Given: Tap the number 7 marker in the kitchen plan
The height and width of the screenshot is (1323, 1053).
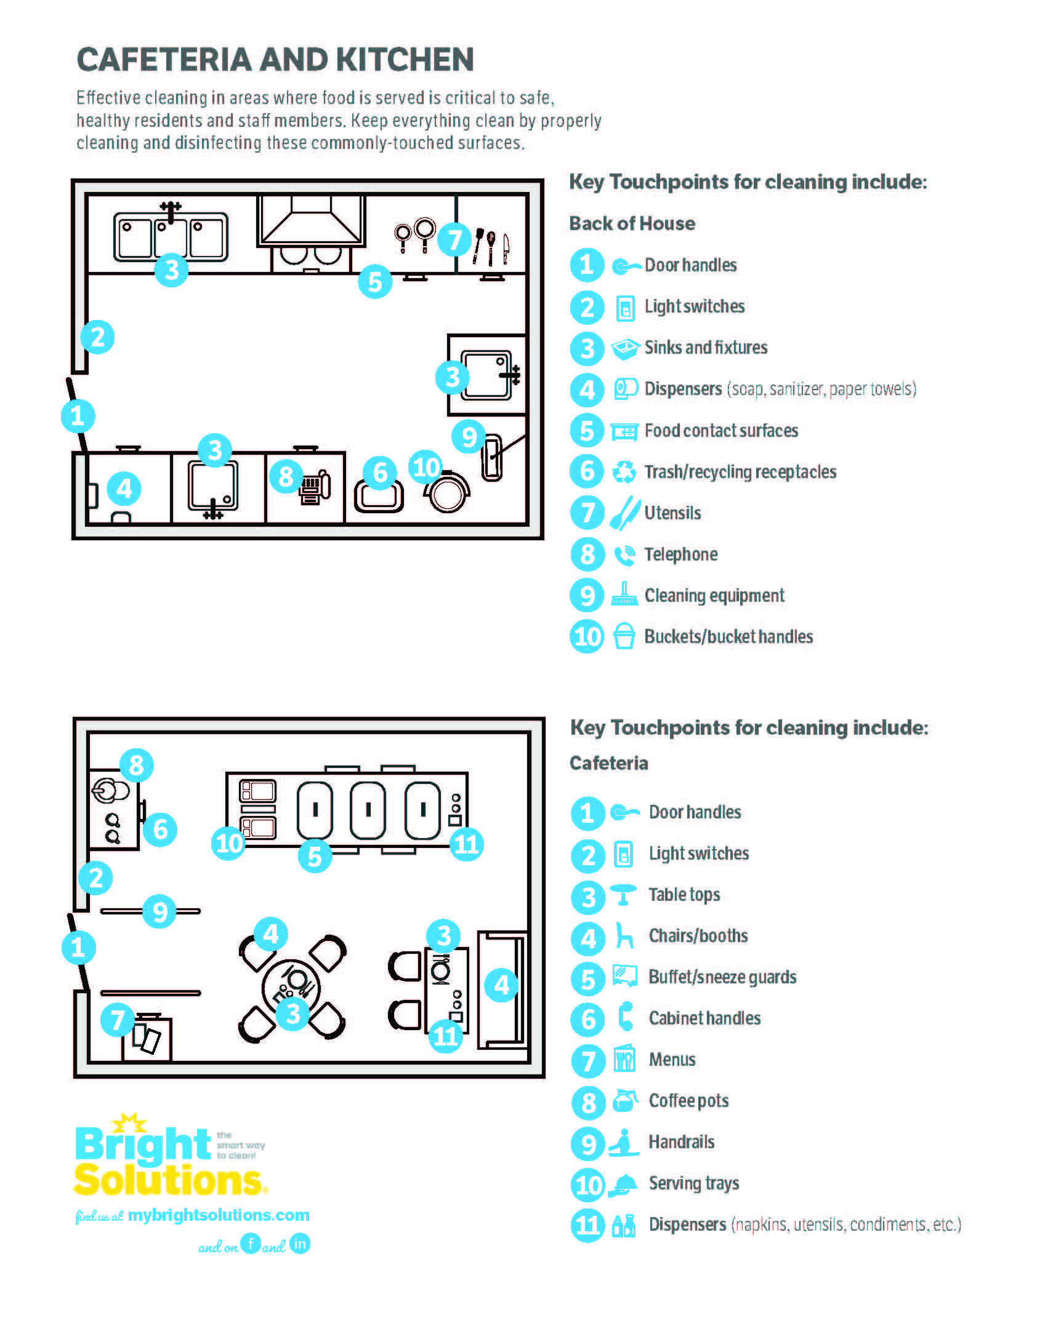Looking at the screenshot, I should click(x=454, y=240).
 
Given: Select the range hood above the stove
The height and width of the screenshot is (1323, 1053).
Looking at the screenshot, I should click(x=311, y=221).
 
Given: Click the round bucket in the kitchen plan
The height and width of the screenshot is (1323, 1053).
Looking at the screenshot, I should click(x=448, y=494).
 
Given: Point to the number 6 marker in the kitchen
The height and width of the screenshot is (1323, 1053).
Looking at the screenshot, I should click(x=380, y=473).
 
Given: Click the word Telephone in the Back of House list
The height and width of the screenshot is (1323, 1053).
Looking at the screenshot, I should click(x=680, y=554).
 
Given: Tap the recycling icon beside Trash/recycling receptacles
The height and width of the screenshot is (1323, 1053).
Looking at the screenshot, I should click(x=624, y=472).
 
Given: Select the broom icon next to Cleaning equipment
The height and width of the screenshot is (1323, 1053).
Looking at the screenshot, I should click(x=624, y=595).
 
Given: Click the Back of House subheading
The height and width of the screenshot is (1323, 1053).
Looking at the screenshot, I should click(x=632, y=223).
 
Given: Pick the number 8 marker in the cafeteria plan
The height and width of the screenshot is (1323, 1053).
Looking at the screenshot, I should click(x=136, y=765).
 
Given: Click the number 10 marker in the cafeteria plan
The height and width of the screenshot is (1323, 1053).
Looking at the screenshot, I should click(x=228, y=842).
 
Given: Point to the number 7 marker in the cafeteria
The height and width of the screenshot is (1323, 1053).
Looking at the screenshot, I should click(x=117, y=1020).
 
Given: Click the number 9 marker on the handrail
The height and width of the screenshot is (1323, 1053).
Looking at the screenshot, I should click(x=159, y=911).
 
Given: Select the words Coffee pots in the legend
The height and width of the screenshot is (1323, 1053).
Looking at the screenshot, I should click(x=688, y=1101).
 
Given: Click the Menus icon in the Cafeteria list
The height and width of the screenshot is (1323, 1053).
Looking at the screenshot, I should click(x=624, y=1060).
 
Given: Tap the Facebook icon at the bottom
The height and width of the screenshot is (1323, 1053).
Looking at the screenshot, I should click(x=251, y=1244).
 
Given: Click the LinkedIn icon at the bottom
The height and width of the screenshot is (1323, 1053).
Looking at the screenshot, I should click(x=300, y=1244).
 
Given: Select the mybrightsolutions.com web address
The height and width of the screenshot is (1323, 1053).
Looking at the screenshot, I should click(x=219, y=1215).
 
